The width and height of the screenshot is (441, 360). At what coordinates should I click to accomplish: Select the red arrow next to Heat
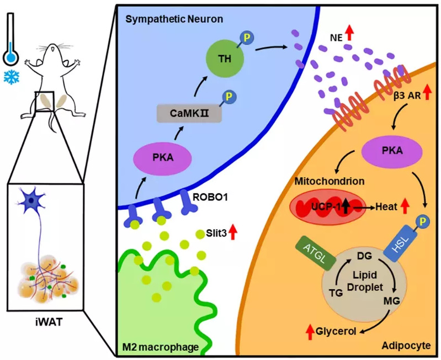[x=405, y=207]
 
